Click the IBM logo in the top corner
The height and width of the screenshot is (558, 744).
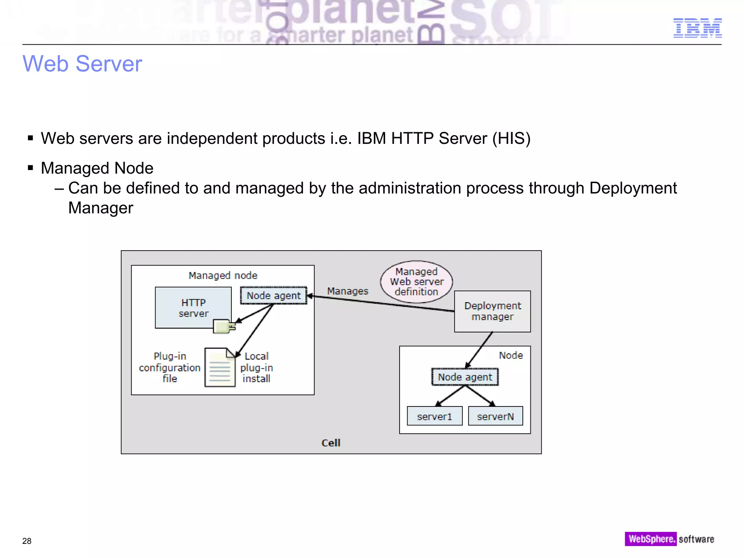point(697,28)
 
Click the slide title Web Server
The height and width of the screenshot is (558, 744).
point(82,64)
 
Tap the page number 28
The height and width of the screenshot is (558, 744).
point(27,541)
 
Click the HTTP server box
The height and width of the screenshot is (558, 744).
point(193,308)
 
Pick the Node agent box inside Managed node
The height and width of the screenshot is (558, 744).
point(274,296)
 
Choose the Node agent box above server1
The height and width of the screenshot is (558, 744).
point(465,377)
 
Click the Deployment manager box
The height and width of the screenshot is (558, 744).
point(492,311)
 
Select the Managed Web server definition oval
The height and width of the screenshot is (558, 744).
point(416,282)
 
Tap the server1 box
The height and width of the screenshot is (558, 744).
point(434,416)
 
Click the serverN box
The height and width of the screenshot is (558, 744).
point(495,416)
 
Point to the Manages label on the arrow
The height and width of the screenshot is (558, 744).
point(347,291)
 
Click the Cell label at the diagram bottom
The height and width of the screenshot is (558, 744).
point(331,443)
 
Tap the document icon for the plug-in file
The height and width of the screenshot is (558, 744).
point(220,368)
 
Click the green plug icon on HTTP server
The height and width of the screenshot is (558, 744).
point(223,326)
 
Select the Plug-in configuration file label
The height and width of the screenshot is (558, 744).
point(170,367)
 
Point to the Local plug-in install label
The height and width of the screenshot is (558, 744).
point(256,367)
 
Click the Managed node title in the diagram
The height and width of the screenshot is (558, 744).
point(223,275)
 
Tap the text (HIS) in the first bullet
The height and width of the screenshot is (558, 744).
point(511,138)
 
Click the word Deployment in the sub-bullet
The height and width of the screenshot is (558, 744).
point(633,188)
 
